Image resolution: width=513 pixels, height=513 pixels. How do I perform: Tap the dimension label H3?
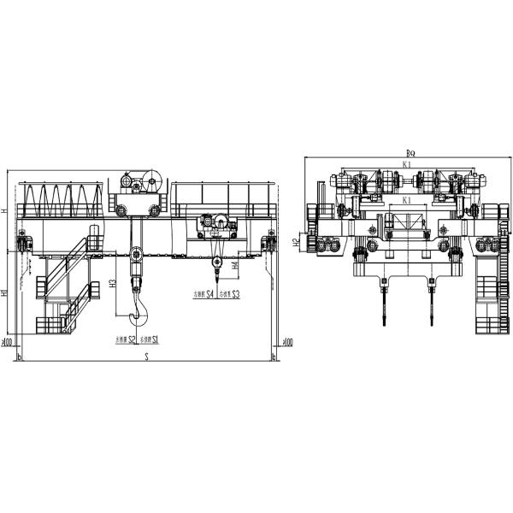click(x=113, y=285)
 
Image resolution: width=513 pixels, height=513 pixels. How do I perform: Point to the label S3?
click(x=235, y=294)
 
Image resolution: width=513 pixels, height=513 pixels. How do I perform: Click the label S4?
click(x=209, y=294)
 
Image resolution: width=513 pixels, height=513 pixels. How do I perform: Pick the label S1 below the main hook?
click(x=156, y=339)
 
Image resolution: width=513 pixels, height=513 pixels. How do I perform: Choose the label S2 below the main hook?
click(x=132, y=339)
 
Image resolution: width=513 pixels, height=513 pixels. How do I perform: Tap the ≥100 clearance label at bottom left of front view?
click(x=8, y=344)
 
